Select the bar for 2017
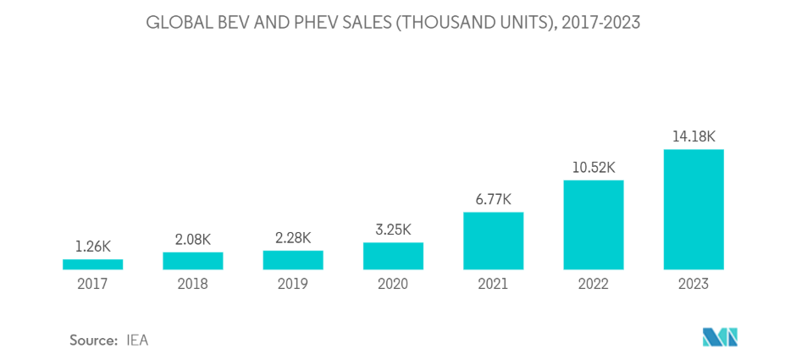pyautogui.click(x=92, y=264)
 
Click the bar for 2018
pyautogui.click(x=193, y=261)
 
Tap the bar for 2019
pyautogui.click(x=293, y=260)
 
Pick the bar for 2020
pyautogui.click(x=393, y=256)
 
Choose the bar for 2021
pyautogui.click(x=494, y=241)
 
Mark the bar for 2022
pyautogui.click(x=594, y=224)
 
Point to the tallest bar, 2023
pyautogui.click(x=694, y=209)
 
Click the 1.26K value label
pyautogui.click(x=92, y=247)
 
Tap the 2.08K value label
pyautogui.click(x=193, y=240)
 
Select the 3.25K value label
pyautogui.click(x=393, y=230)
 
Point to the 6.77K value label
pyautogui.click(x=494, y=199)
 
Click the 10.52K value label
pyautogui.click(x=594, y=167)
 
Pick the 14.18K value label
pyautogui.click(x=694, y=136)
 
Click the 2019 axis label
pyautogui.click(x=293, y=284)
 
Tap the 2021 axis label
pyautogui.click(x=494, y=284)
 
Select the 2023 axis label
pyautogui.click(x=694, y=284)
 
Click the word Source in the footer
pyautogui.click(x=93, y=340)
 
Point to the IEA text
pyautogui.click(x=138, y=340)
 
